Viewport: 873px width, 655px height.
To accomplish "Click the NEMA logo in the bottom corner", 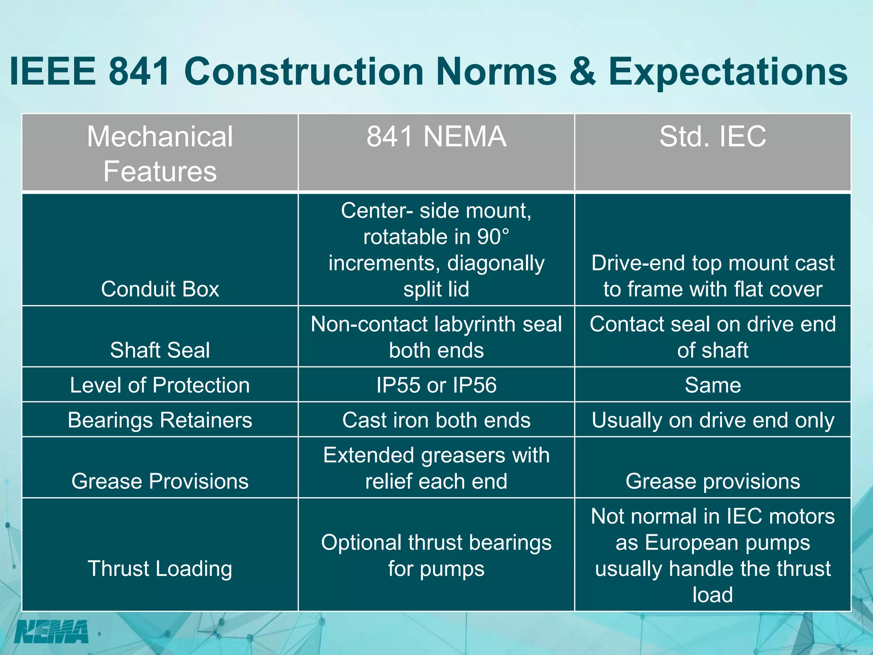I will (52, 632).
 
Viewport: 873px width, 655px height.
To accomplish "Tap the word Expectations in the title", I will (728, 71).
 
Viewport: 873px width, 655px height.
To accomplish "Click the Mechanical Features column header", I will (160, 154).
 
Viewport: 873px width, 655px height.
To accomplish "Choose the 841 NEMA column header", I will (436, 137).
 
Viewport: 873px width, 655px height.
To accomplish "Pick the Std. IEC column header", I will (713, 137).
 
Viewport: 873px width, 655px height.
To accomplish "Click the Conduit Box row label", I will (160, 289).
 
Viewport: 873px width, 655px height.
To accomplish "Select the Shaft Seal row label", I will (160, 350).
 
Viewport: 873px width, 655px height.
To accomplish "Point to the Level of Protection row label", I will (160, 385).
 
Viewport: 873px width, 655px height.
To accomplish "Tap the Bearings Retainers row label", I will (160, 420).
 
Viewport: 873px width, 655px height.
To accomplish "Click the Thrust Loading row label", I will (160, 568).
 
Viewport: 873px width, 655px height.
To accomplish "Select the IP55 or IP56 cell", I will (436, 385).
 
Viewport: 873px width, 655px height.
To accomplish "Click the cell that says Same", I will (713, 385).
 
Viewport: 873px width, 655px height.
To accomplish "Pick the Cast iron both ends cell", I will (436, 420).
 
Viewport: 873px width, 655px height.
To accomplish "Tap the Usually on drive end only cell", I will (713, 420).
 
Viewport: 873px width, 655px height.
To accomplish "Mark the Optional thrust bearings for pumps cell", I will (436, 555).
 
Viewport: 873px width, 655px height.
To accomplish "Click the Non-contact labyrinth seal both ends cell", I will (436, 337).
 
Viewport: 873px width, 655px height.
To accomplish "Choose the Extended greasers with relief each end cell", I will (436, 468).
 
